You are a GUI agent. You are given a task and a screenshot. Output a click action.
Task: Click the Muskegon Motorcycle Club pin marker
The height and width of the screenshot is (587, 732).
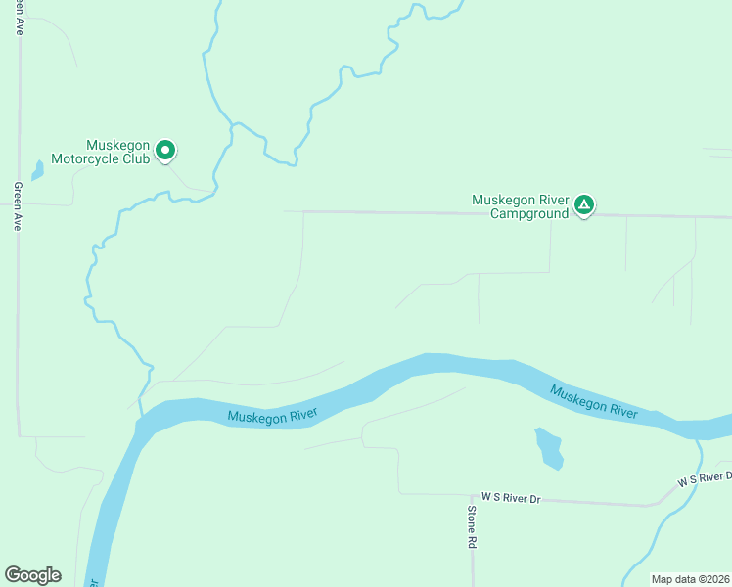coord(166,150)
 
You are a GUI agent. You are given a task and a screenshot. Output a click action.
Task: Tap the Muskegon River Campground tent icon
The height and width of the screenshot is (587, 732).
coord(583,204)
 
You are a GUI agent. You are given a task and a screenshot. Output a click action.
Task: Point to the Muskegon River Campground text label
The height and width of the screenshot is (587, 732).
coord(520,206)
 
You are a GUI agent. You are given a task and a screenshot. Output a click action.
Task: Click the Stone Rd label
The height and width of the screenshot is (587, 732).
coord(471,526)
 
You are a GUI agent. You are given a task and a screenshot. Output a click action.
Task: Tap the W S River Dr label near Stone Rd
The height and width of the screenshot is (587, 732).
coord(510,499)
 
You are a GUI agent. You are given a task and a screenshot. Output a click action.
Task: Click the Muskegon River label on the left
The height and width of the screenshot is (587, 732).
coord(273,417)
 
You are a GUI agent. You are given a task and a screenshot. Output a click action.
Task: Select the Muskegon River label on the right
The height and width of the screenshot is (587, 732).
coord(594,402)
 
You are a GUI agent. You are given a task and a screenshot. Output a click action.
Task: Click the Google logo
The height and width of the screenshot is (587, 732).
coord(32,575)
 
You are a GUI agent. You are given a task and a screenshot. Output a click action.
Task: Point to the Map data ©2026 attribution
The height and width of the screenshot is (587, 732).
coord(690,579)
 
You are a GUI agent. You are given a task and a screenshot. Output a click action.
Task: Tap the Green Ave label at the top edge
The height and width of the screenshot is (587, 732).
coord(19,20)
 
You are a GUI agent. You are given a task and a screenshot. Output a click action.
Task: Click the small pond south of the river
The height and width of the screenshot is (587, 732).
coord(549,448)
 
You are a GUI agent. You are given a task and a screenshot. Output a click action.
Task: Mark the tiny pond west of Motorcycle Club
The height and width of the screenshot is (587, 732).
coord(37,170)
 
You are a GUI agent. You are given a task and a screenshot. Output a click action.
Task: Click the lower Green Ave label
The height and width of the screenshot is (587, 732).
coord(18,205)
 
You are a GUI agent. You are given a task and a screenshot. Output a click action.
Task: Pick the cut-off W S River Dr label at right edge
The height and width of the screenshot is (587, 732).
coord(705,478)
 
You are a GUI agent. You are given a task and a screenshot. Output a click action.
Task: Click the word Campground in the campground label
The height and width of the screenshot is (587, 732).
coord(529,213)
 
